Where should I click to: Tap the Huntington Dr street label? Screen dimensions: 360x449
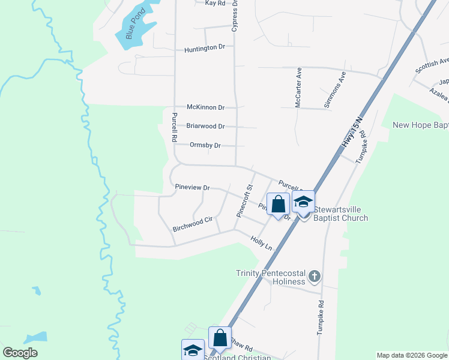[x=205, y=48]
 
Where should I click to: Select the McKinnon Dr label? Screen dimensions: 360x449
[x=205, y=107]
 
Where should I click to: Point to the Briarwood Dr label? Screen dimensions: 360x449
[x=205, y=127]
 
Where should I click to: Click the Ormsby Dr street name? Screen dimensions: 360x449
[x=205, y=145]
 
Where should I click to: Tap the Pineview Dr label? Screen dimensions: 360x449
[x=192, y=188]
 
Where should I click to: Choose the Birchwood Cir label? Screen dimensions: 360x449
[x=193, y=224]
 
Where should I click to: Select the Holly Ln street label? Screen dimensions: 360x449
[x=262, y=244]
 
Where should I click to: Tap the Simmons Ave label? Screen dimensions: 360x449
[x=335, y=90]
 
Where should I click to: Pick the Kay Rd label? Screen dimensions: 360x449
[x=215, y=3]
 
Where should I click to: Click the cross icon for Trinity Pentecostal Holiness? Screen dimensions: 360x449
[x=315, y=277]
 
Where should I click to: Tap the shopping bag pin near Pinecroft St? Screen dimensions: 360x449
[x=278, y=204]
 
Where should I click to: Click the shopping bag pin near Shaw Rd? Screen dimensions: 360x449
[x=220, y=338]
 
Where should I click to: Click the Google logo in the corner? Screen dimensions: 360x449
[x=20, y=353]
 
